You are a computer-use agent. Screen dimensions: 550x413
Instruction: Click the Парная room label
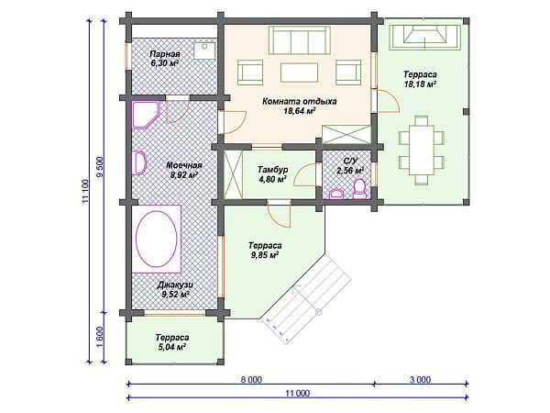[x=164, y=54]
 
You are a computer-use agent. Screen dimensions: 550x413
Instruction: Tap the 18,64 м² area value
[x=299, y=111]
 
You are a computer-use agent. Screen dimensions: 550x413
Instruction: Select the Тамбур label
[x=273, y=170]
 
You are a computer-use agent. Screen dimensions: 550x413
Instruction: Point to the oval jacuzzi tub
[x=156, y=239]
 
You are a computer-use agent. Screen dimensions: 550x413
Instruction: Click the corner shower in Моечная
[x=146, y=115]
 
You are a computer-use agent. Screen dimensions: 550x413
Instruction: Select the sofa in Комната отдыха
[x=300, y=40]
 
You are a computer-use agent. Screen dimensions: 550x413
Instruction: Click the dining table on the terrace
[x=422, y=150]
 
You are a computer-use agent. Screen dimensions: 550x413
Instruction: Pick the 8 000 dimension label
[x=251, y=380]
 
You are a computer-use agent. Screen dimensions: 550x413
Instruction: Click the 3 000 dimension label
[x=420, y=380]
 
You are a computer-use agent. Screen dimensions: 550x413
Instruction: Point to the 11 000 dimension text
[x=298, y=394]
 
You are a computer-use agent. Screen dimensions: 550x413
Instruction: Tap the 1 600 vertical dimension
[x=99, y=337]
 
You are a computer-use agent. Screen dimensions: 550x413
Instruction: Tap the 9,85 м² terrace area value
[x=265, y=255]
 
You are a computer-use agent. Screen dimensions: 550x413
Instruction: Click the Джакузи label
[x=175, y=285]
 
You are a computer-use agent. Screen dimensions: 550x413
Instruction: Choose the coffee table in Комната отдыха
[x=299, y=73]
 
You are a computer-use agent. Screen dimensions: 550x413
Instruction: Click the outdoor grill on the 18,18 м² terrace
[x=425, y=37]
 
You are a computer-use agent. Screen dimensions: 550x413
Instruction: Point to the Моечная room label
[x=184, y=165]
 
